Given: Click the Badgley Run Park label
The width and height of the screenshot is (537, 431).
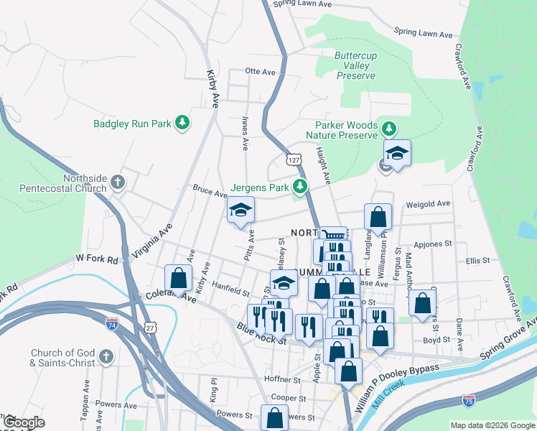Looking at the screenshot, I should coord(133,124).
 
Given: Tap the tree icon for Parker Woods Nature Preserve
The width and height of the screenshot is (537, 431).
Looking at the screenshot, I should coord(389,129).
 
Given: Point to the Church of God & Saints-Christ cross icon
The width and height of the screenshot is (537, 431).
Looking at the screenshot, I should coord(106,357).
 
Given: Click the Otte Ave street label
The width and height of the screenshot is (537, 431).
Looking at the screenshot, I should coord(260,72).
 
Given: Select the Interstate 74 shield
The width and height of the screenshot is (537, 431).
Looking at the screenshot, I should coord(111,323).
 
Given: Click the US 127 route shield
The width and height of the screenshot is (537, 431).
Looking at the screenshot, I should coord(292,159).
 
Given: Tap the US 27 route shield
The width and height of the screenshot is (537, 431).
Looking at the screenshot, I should coord(149,328).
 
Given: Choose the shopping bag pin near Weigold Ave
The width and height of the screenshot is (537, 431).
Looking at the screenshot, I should coord(378,215).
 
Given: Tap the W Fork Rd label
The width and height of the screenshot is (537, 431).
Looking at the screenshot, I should coord(97,259).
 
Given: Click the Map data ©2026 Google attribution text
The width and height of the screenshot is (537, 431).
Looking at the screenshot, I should coord(492,425).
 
